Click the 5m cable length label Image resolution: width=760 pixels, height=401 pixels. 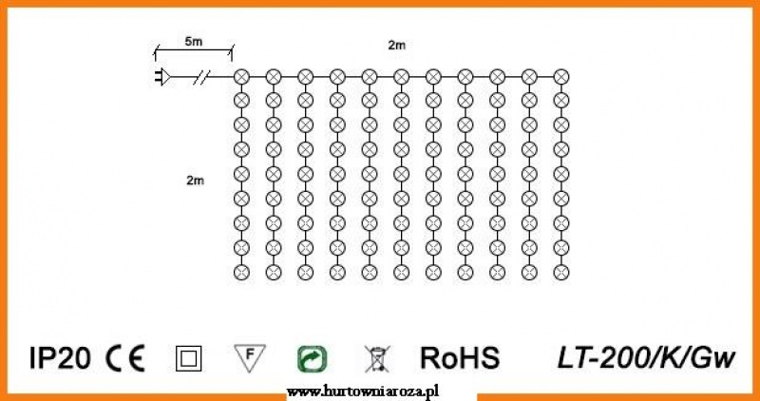pos(194,42)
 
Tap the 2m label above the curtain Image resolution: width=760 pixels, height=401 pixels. pos(396,46)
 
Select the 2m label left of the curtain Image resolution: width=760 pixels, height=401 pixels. pos(196,181)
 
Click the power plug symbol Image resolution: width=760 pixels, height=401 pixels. pos(162,77)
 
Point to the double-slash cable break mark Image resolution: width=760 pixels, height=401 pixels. pos(201,77)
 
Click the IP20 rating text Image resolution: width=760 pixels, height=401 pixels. pos(60,359)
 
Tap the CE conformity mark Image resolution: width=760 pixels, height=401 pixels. pos(125,359)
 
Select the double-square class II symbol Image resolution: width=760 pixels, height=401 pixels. pos(188,359)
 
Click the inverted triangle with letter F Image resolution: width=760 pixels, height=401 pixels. pos(250,358)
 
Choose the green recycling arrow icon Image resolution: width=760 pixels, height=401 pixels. pos(312,359)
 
